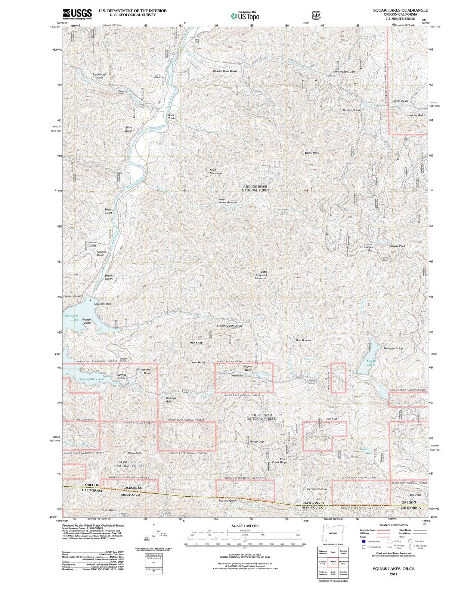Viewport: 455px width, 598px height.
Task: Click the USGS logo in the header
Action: pos(77,14)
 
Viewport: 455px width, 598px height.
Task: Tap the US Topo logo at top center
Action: pos(245,16)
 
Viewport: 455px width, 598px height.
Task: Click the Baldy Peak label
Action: pos(312,152)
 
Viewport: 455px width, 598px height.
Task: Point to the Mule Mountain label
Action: pos(216,172)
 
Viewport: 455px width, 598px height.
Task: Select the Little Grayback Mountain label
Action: pos(261,275)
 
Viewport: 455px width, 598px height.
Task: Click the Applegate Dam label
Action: pos(102,304)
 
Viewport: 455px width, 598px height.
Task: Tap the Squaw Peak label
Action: pos(397,246)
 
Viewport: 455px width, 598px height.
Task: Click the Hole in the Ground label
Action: pos(227,201)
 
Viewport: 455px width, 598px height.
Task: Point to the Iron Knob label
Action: pos(196,343)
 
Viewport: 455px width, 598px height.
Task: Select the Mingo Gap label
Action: pos(256,441)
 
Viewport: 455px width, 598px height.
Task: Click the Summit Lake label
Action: pos(366,451)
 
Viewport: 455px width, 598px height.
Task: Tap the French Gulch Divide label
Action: pos(229,326)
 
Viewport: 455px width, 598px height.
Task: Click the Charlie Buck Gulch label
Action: pos(225,71)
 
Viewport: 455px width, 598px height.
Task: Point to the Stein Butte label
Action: pos(135,453)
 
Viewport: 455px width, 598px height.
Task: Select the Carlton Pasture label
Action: pos(317,489)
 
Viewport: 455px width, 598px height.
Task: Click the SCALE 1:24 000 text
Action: pos(245,526)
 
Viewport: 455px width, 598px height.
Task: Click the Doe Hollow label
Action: pos(303,340)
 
